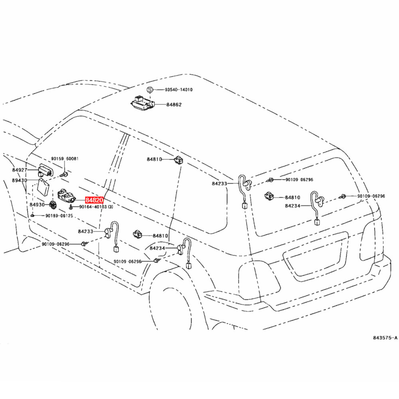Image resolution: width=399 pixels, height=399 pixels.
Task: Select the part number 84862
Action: coord(174,105)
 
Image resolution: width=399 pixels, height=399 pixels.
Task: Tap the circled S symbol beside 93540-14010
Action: coord(150,90)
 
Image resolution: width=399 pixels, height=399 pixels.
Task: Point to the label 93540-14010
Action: coord(179,90)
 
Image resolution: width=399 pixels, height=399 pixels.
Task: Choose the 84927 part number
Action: coord(19,170)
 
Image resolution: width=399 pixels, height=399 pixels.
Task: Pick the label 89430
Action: coord(19,180)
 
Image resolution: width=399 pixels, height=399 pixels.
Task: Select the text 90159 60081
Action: coord(65,159)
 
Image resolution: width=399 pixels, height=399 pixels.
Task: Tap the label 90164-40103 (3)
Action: coord(96,207)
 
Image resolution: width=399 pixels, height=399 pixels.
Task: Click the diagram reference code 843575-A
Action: coord(385,338)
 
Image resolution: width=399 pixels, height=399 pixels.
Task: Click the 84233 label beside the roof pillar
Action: coord(220,184)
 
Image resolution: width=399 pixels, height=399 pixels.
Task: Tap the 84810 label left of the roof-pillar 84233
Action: coord(154,160)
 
